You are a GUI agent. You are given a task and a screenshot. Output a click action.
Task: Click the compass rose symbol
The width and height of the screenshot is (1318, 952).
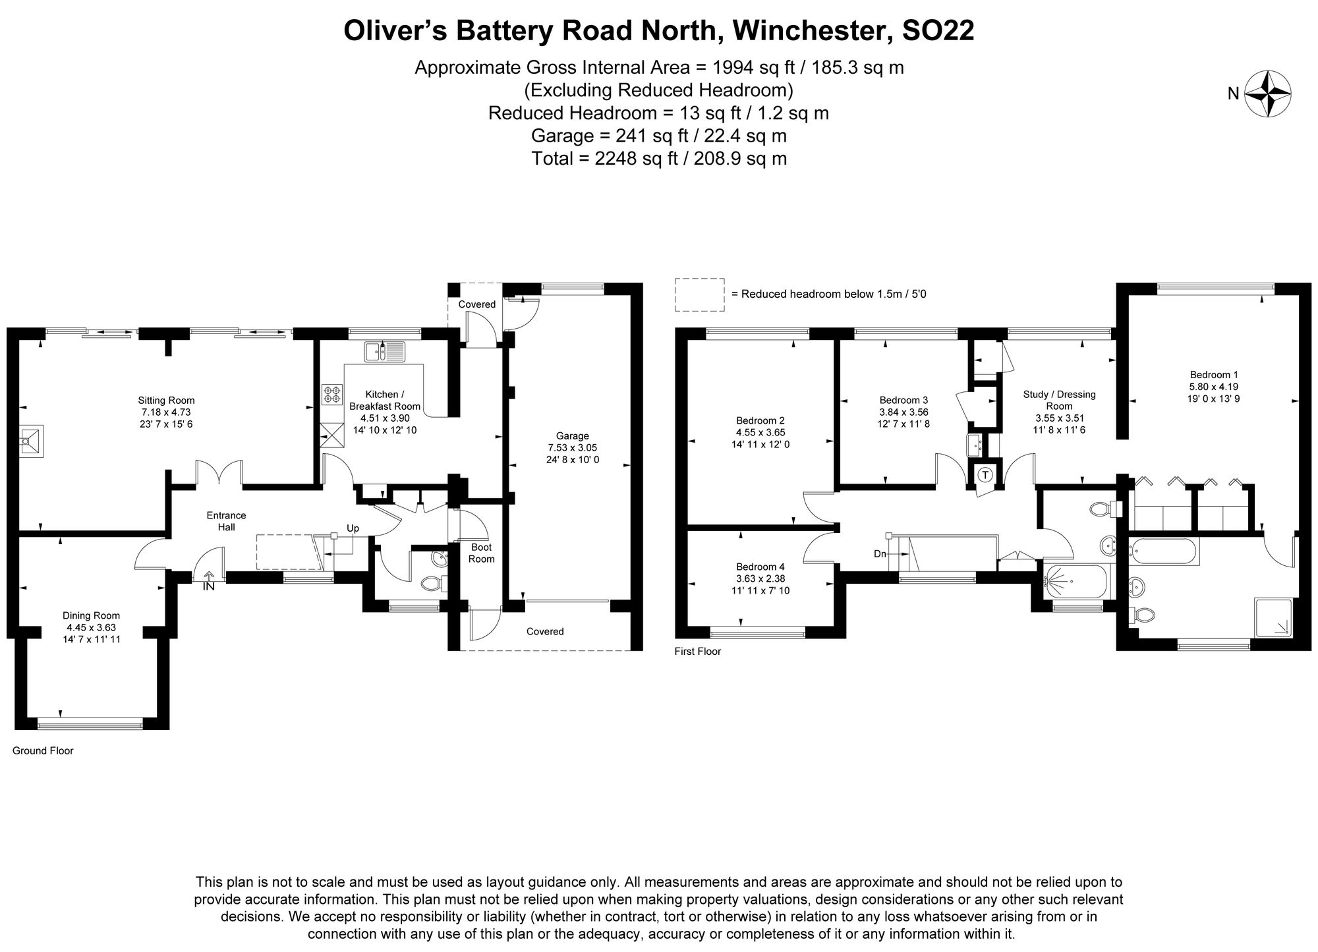(x=1267, y=94)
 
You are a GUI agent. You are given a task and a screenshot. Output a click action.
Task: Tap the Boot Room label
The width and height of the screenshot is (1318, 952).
(x=481, y=553)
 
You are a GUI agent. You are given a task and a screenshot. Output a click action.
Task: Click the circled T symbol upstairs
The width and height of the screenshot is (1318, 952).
(x=985, y=474)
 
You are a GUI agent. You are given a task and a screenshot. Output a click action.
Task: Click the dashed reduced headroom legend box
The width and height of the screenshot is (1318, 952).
(x=699, y=294)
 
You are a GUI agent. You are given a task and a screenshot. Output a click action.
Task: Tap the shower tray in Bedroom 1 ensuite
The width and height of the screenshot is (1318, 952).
(x=1273, y=617)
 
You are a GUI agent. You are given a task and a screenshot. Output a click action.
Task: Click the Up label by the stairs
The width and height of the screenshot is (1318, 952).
(x=353, y=528)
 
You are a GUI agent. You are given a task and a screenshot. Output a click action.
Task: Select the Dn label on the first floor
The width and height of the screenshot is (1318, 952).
(x=880, y=554)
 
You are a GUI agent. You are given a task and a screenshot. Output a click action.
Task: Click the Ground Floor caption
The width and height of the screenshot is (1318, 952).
(x=43, y=750)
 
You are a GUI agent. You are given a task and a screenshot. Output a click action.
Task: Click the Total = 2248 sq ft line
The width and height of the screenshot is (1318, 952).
(x=658, y=158)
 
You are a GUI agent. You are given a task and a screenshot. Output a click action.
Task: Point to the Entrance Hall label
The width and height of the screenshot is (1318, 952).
(x=226, y=521)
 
